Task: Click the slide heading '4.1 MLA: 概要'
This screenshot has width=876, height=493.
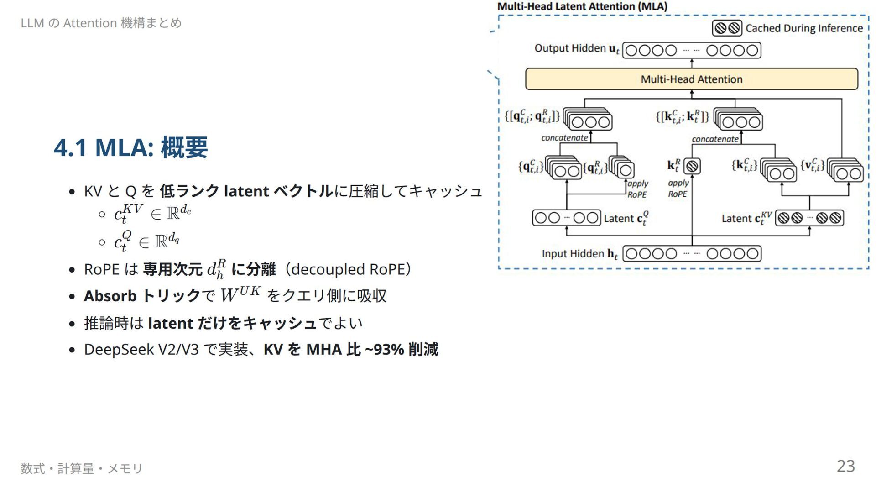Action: [x=130, y=147]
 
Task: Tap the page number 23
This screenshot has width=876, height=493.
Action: [x=845, y=466]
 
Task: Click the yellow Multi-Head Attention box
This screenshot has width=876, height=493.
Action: [x=691, y=79]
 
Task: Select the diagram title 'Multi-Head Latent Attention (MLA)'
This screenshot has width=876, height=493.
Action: [x=582, y=6]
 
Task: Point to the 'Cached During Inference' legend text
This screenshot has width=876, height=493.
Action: [x=804, y=28]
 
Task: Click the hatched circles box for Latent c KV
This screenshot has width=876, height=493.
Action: [x=809, y=218]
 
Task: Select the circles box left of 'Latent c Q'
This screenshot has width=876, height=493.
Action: [x=566, y=218]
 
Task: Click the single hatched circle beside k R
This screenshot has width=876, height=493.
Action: [x=692, y=166]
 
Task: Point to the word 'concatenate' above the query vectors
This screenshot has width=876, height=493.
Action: [x=564, y=138]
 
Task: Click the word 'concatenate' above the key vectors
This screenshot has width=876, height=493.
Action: [x=715, y=139]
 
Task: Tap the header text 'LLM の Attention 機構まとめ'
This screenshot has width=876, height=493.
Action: [x=101, y=23]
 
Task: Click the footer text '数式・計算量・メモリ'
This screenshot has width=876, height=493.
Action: [x=82, y=468]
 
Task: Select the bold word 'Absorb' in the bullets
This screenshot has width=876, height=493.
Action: [x=110, y=296]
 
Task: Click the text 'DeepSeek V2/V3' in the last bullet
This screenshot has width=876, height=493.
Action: [x=141, y=350]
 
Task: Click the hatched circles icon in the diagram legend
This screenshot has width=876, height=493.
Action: [x=727, y=28]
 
